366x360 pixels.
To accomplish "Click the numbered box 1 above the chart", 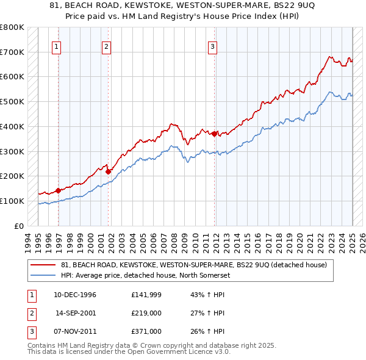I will tap(56, 46).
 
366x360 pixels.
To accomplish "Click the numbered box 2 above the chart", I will tap(106, 46).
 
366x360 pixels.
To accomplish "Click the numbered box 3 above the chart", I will tap(212, 46).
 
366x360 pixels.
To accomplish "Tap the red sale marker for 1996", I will tap(59, 190).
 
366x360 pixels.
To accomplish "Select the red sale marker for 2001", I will tap(108, 171).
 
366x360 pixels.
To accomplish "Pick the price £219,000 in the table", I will tap(146, 314).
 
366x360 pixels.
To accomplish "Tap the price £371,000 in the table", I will tap(146, 331).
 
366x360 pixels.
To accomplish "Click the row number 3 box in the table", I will tap(30, 331).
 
